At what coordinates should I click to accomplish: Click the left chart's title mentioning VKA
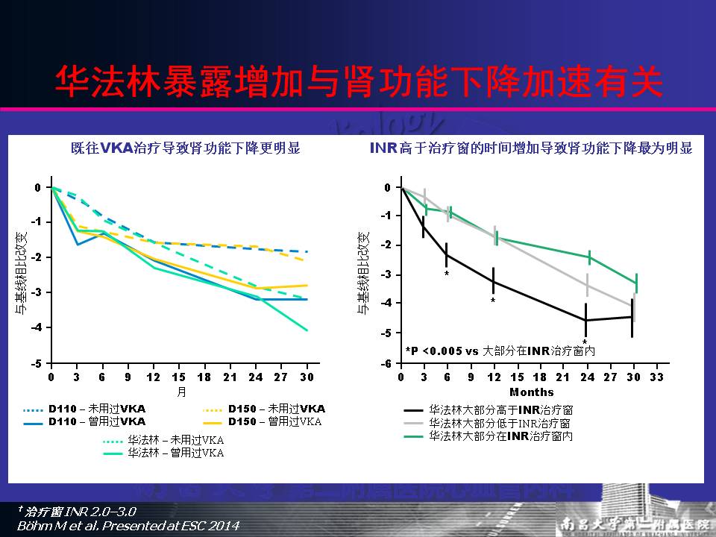pos(180,148)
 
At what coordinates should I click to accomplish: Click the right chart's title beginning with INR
pos(531,148)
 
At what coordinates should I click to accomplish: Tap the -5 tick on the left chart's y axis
pos(37,363)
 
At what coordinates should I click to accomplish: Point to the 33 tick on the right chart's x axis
pos(656,378)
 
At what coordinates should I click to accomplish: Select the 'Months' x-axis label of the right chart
pos(531,392)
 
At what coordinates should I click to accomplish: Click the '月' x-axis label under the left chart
pos(180,391)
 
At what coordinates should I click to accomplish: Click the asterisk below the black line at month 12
pos(493,301)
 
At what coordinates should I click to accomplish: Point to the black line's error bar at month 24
pos(586,319)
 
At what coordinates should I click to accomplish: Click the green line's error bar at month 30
pos(636,283)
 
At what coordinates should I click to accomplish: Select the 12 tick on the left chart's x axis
pos(154,378)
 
